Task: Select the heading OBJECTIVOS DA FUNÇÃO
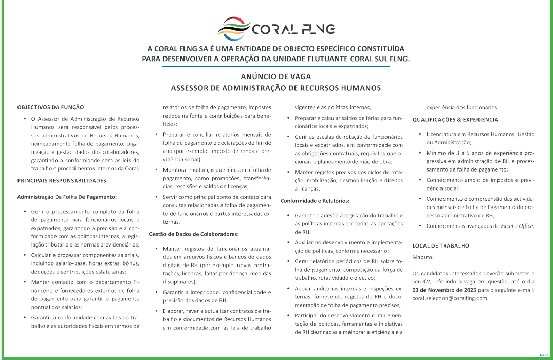click(x=50, y=108)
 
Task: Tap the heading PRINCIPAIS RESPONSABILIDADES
click(x=62, y=181)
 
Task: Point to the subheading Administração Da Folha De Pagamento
click(x=67, y=197)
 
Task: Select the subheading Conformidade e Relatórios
click(x=315, y=200)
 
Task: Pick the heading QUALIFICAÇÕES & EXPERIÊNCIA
click(x=455, y=120)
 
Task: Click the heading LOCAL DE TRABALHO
click(x=440, y=246)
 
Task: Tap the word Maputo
click(x=423, y=256)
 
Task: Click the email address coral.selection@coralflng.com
click(x=449, y=298)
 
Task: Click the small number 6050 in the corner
click(x=543, y=355)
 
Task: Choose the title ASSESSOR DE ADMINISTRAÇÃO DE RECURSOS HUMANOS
click(x=276, y=88)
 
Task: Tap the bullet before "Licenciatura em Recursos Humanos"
click(x=421, y=134)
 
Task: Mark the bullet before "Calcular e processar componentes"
click(x=25, y=255)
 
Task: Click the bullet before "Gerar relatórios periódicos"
click(x=289, y=261)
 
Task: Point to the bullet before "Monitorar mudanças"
click(x=157, y=169)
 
